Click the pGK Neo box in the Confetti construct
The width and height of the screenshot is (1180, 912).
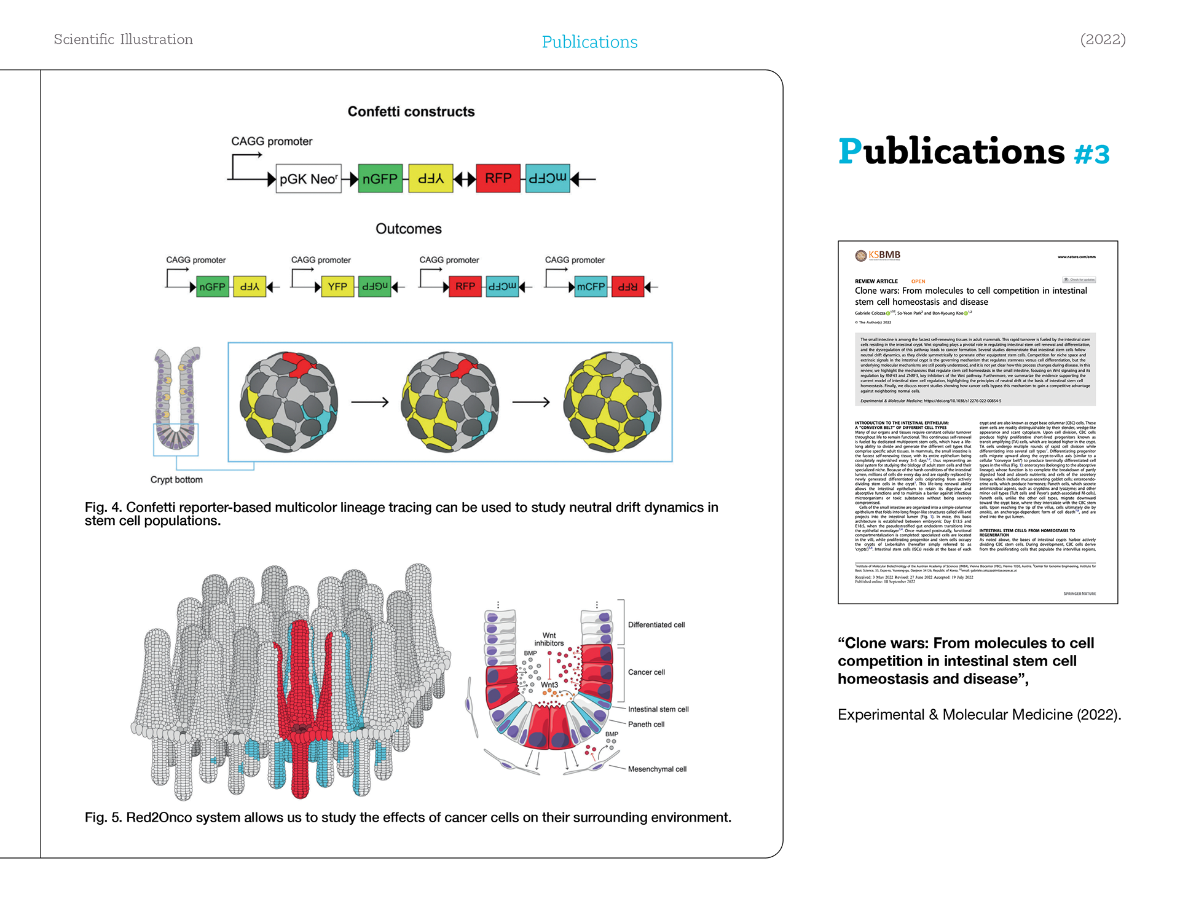point(308,179)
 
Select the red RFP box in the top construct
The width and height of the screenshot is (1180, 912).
point(498,178)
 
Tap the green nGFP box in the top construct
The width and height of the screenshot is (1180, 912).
point(380,179)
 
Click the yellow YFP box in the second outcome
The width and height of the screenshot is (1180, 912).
point(337,286)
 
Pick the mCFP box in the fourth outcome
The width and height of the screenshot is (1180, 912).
point(591,286)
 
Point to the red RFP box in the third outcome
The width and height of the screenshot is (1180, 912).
point(465,286)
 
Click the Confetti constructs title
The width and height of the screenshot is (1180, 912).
point(411,112)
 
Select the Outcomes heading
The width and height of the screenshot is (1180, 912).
point(409,229)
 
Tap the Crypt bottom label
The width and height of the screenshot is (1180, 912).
point(176,479)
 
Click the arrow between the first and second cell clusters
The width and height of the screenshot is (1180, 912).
point(370,402)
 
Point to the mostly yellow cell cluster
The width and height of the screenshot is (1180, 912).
point(613,402)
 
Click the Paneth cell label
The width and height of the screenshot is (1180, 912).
point(646,725)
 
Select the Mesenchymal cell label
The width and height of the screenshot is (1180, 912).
point(657,769)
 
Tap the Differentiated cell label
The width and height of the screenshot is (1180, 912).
point(656,625)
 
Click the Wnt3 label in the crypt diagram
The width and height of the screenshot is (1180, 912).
point(549,685)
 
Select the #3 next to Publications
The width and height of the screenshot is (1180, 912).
point(1091,154)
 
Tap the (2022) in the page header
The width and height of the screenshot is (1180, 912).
point(1103,39)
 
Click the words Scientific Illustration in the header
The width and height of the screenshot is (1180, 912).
point(124,39)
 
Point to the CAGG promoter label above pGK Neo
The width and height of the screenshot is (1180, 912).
point(272,141)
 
